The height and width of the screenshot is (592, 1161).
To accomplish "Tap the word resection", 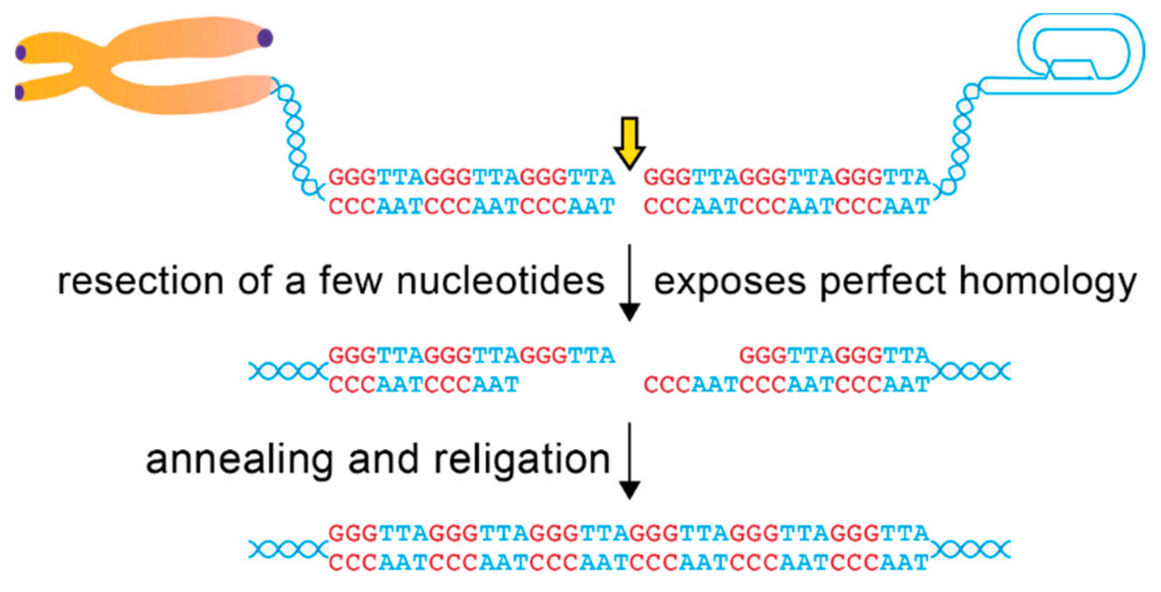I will [140, 281].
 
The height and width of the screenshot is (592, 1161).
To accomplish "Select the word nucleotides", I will [500, 281].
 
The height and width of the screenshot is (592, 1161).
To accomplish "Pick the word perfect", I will [883, 281].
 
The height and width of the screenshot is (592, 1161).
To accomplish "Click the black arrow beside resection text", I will [629, 283].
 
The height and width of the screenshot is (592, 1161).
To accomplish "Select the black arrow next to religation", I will [629, 461].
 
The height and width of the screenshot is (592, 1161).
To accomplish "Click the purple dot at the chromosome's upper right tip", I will [265, 38].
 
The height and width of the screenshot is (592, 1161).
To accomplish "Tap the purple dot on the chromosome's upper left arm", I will [21, 53].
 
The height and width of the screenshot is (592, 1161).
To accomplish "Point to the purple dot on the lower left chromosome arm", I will [20, 92].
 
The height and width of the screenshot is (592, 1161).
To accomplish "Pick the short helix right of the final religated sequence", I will [970, 549].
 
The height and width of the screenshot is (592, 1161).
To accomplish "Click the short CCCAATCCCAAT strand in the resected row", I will [424, 385].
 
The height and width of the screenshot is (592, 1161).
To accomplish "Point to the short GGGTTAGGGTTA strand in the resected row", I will [834, 355].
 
